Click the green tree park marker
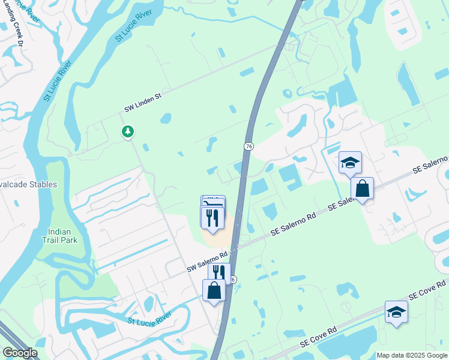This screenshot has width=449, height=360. point(127,131)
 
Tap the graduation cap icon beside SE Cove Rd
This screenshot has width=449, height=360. point(396,311)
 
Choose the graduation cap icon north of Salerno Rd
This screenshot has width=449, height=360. point(350,162)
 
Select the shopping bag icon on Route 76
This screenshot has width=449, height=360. point(214,290)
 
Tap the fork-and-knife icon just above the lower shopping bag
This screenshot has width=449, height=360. point(219,272)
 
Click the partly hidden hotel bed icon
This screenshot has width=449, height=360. point(213,201)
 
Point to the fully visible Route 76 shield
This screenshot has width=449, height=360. point(248,146)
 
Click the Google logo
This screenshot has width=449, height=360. point(20,353)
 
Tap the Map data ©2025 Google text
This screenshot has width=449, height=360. point(411,355)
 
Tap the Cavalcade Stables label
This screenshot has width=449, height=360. point(28,184)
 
